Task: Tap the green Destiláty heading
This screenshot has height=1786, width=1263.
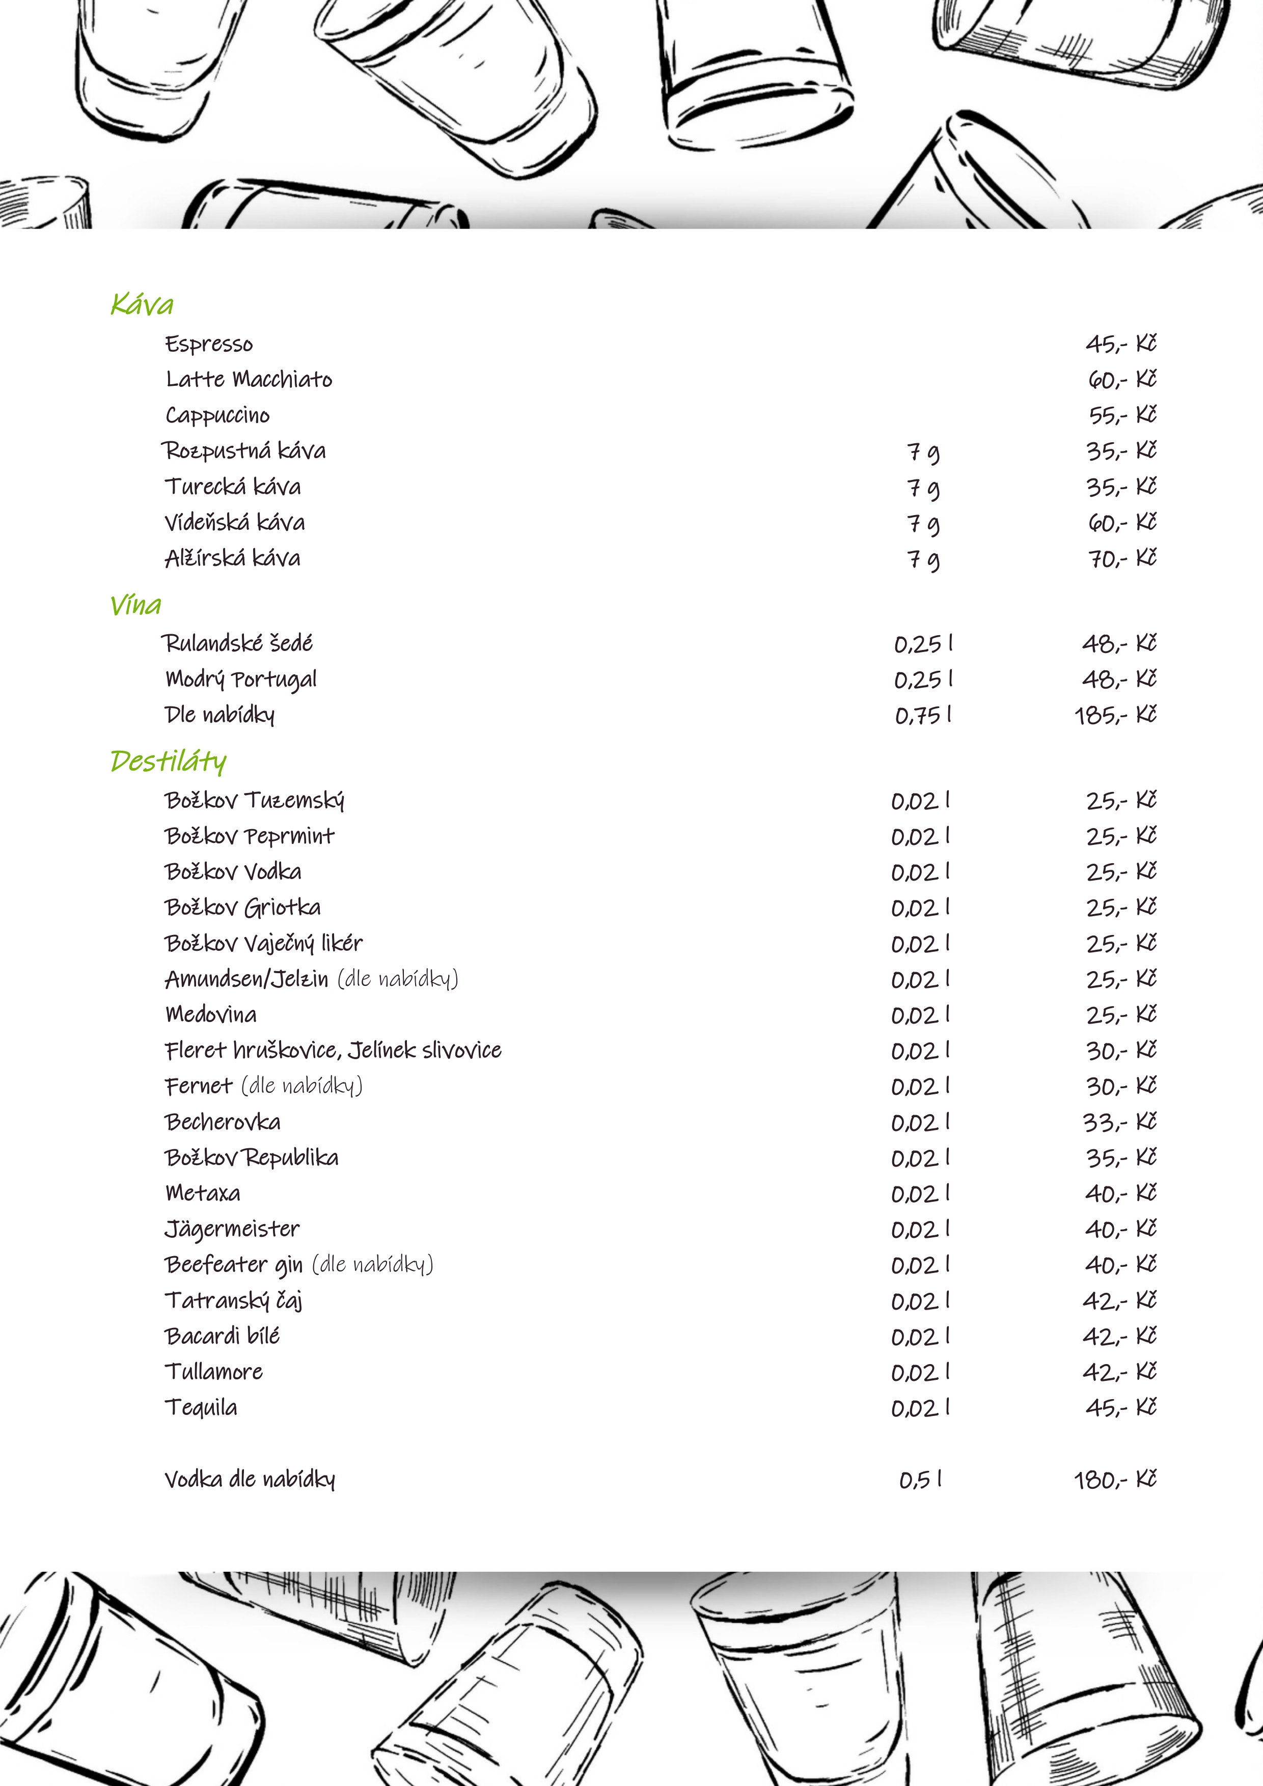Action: [x=168, y=761]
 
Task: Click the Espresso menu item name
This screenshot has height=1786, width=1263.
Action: [x=209, y=344]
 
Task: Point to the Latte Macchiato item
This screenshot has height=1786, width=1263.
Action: [x=249, y=380]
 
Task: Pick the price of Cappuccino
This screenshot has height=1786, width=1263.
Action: [x=1121, y=415]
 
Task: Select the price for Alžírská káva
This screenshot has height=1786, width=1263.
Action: [x=1121, y=558]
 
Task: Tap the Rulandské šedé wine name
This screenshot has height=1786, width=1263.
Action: [x=237, y=643]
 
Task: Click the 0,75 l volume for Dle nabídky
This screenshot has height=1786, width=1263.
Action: [x=923, y=715]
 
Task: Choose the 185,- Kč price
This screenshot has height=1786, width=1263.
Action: [x=1115, y=715]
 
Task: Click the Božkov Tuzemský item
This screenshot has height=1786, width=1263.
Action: [x=255, y=801]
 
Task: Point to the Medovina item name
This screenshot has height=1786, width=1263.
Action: [x=211, y=1014]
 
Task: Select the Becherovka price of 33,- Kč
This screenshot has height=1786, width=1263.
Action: [x=1120, y=1122]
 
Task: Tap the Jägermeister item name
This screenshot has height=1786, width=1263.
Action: [x=232, y=1229]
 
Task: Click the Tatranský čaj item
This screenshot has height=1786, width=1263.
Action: [x=233, y=1300]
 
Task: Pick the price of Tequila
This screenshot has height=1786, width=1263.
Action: [x=1120, y=1407]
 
